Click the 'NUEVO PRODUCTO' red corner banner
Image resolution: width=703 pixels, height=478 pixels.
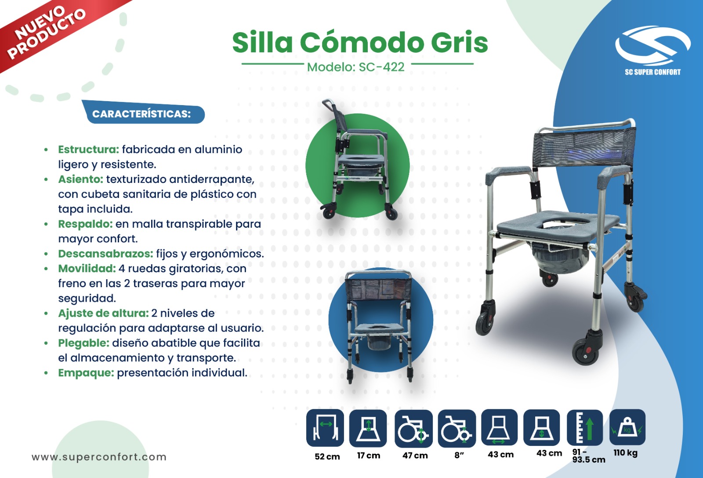[x=47, y=31]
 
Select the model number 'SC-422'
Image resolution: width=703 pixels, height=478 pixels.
[x=382, y=67]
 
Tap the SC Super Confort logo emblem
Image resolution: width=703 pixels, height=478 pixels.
[x=653, y=46]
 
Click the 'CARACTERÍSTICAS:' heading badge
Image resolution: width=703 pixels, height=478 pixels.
[x=143, y=113]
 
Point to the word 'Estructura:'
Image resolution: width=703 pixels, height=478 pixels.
[x=89, y=149]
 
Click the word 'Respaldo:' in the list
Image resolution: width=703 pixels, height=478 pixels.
[x=85, y=224]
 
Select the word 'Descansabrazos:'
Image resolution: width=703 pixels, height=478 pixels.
[x=106, y=253]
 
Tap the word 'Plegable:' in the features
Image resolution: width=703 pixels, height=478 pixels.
[x=84, y=343]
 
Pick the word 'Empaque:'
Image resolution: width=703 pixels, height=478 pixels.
[x=86, y=373]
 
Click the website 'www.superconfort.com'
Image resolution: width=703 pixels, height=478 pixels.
[x=99, y=456]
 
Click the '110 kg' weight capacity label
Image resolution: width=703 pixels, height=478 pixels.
[x=626, y=452]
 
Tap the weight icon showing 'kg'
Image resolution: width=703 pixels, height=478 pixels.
[x=627, y=427]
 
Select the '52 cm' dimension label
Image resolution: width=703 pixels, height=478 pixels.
[x=327, y=456]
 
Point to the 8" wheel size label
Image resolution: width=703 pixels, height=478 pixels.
[x=459, y=455]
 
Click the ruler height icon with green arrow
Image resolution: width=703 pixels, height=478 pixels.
[x=585, y=427]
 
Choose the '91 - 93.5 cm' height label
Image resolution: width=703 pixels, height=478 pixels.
[x=589, y=456]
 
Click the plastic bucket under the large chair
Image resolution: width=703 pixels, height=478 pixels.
[x=560, y=258]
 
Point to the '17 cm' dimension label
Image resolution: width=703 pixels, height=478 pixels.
[x=369, y=456]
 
